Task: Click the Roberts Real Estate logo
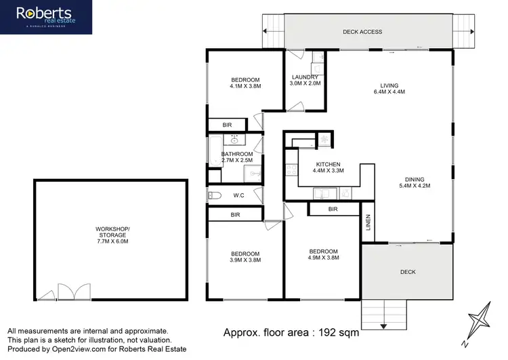[x=45, y=17]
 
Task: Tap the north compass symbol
[x=481, y=317]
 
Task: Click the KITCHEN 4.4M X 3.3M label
[x=326, y=168]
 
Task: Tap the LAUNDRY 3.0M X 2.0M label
[x=304, y=80]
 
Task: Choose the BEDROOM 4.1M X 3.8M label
[x=245, y=83]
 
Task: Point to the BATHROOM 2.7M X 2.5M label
[x=236, y=157]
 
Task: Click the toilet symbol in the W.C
[x=215, y=196]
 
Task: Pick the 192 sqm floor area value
[x=339, y=333]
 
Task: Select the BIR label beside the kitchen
[x=333, y=209]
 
